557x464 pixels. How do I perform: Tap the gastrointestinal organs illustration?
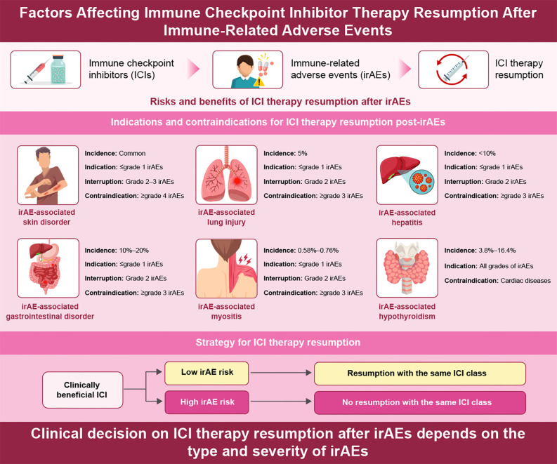pos(47,267)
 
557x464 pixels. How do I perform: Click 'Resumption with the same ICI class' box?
pos(419,372)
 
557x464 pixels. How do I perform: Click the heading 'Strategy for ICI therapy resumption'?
pos(278,342)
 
